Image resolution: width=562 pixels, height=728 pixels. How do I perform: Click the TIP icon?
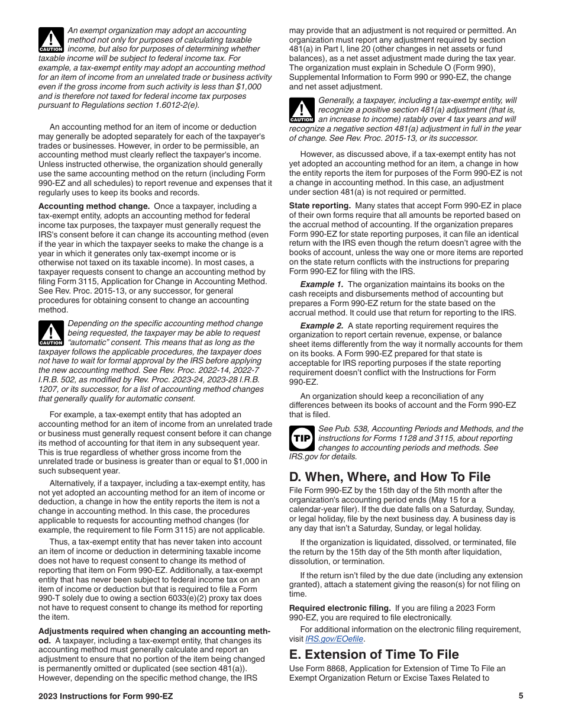coord(302,439)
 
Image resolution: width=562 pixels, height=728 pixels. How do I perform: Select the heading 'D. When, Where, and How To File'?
coord(389,476)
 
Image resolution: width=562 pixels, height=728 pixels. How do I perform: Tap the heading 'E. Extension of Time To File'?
coord(374,654)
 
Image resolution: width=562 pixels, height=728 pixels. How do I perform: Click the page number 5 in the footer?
coord(521,696)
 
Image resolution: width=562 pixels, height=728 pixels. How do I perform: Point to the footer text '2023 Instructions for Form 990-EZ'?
coord(105,696)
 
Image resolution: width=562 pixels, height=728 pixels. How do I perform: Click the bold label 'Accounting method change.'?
coord(94,207)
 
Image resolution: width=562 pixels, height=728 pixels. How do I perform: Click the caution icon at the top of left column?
coord(50,40)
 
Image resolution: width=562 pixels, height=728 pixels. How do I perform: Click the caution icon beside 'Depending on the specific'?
coord(50,333)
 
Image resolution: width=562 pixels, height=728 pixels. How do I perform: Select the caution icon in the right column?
coord(302,110)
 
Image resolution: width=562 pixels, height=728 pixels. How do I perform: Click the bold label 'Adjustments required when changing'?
coord(154,632)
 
